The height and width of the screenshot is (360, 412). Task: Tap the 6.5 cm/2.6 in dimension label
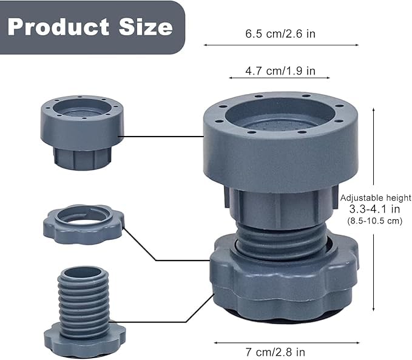280,34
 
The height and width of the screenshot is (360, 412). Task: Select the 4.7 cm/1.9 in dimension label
280,71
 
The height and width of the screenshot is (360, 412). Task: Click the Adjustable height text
376,198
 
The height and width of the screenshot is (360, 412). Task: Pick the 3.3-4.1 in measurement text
375,209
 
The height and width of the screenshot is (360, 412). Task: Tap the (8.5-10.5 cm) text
375,221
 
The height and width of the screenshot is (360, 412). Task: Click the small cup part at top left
82,131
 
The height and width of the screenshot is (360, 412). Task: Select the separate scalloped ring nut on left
83,223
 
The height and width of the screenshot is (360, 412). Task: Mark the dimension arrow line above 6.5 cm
280,45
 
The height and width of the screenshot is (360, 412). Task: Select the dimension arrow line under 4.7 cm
279,78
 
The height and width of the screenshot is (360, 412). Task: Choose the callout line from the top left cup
164,137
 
